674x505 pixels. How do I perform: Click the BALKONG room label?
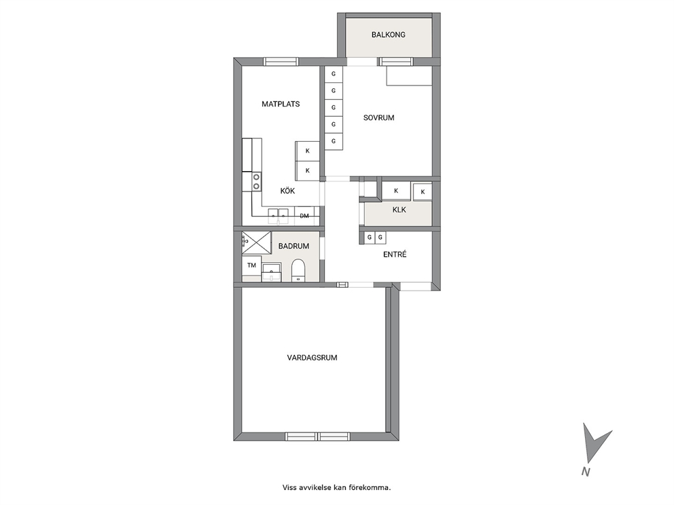coord(388,35)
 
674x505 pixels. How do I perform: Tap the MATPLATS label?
coord(281,104)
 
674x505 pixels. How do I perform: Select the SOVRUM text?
coord(378,117)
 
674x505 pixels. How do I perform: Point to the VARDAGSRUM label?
coord(312,357)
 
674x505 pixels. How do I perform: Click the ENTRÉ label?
coord(395,255)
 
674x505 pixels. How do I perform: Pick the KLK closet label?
coord(399,210)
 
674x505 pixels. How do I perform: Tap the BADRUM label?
coord(294,246)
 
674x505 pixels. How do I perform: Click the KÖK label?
coord(287,191)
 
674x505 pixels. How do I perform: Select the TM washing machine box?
coord(252,265)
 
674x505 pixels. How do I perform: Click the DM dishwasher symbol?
coord(304,216)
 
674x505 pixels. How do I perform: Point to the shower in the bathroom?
coord(257,243)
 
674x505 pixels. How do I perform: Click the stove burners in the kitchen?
coord(256,181)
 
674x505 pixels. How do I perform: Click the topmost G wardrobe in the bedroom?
coord(333,74)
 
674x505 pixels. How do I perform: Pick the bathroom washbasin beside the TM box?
coord(271,272)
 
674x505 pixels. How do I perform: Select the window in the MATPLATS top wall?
coord(281,62)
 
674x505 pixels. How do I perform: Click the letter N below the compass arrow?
coord(586,472)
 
